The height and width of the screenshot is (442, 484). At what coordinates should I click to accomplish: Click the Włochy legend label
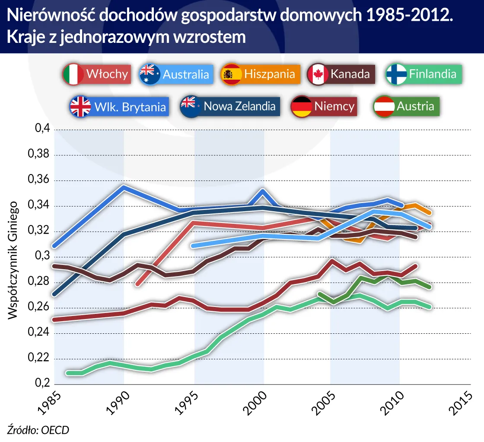click(107, 74)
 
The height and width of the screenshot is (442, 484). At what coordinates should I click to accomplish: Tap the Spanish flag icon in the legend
click(232, 74)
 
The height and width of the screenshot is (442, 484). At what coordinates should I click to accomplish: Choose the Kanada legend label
click(350, 74)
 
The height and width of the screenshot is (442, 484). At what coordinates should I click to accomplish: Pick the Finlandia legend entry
click(432, 74)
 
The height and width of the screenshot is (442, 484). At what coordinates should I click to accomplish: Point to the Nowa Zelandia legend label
click(239, 106)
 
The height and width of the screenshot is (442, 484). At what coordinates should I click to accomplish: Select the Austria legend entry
click(415, 106)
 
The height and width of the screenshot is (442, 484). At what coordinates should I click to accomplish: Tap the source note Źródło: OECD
click(38, 429)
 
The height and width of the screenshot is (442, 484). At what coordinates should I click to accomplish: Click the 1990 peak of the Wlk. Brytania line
click(124, 187)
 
